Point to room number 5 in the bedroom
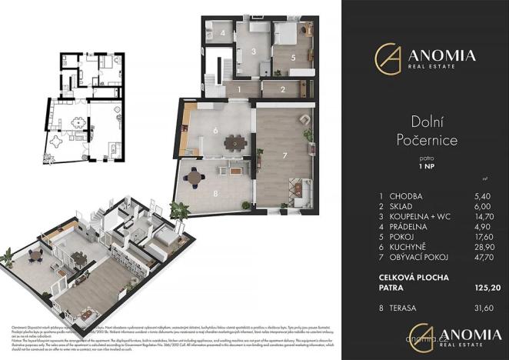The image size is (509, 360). [294, 57]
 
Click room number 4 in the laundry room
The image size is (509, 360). [221, 34]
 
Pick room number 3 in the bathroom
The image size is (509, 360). [253, 52]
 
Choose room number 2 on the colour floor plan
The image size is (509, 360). [283, 90]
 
